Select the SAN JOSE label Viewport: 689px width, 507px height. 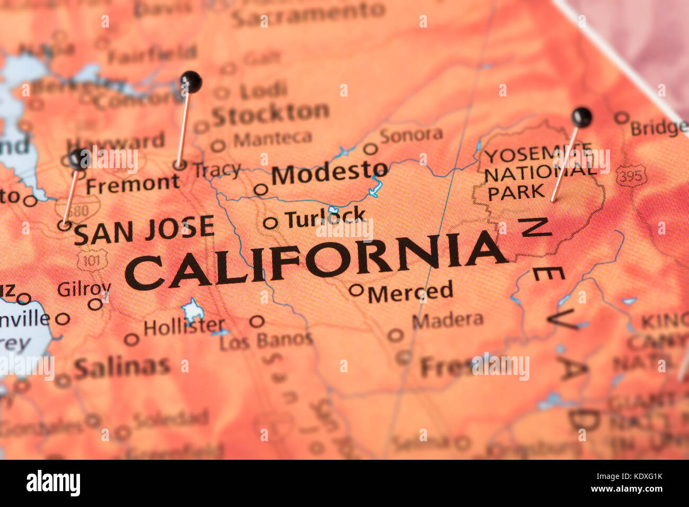coord(144,231)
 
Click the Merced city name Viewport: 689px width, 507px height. coord(410,292)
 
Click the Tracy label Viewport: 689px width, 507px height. coord(216,170)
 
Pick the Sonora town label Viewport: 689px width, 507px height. coord(411,135)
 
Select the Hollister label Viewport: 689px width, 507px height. coord(183,327)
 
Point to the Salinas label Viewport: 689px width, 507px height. coord(122,366)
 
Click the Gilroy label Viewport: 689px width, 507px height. coord(84,289)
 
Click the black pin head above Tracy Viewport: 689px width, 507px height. coord(191,81)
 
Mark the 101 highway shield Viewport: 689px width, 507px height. coord(92,260)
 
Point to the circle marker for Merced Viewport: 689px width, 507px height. coord(356,290)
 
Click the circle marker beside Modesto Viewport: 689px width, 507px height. coord(260,189)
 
